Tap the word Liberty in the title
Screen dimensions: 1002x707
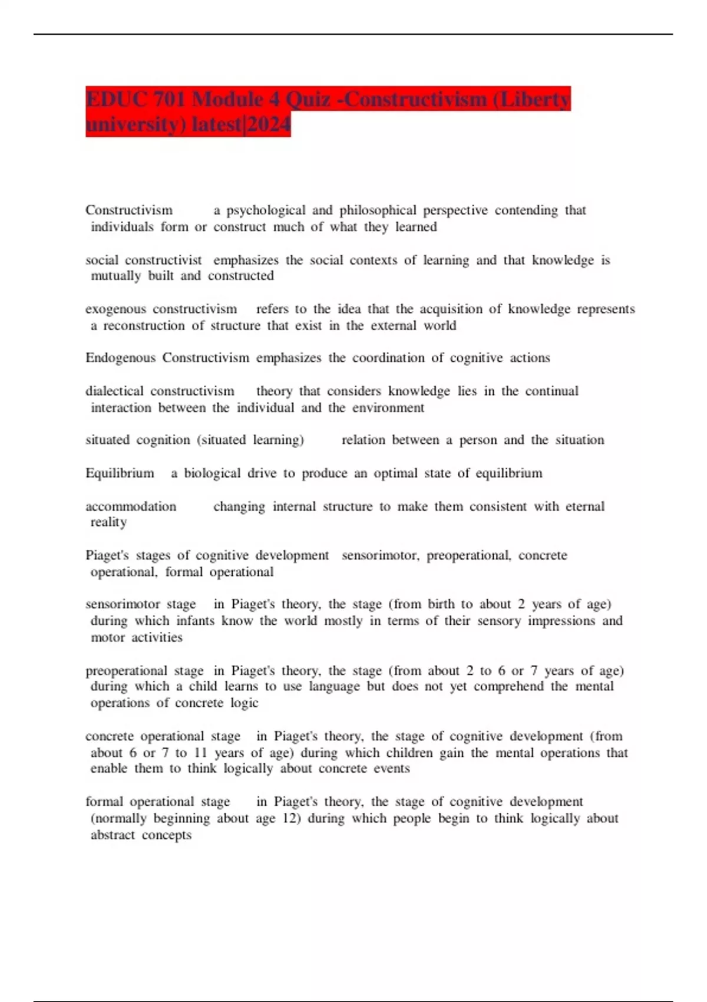pyautogui.click(x=535, y=99)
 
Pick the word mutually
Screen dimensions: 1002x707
pyautogui.click(x=116, y=276)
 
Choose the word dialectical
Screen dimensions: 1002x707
pyautogui.click(x=114, y=391)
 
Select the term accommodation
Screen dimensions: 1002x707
pyautogui.click(x=131, y=507)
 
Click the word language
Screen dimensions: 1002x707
pyautogui.click(x=334, y=687)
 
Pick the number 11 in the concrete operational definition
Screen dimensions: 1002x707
pyautogui.click(x=200, y=753)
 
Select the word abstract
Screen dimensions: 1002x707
pyautogui.click(x=113, y=835)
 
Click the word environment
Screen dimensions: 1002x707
pyautogui.click(x=388, y=408)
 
